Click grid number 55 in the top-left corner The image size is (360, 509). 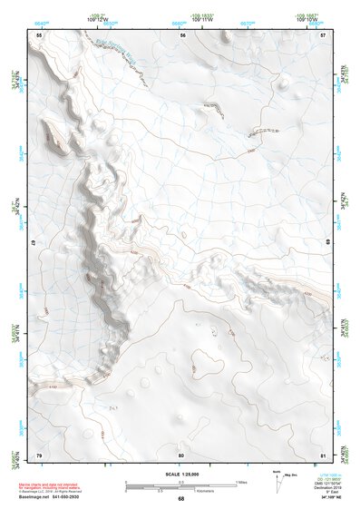(38, 34)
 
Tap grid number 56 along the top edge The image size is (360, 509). (182, 34)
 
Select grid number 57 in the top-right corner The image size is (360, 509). (323, 34)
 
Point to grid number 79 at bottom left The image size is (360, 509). (38, 454)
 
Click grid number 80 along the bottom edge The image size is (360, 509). (181, 454)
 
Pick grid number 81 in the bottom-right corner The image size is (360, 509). (323, 454)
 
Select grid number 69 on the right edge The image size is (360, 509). (327, 244)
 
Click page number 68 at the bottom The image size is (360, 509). (180, 498)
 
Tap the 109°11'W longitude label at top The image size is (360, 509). (205, 19)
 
